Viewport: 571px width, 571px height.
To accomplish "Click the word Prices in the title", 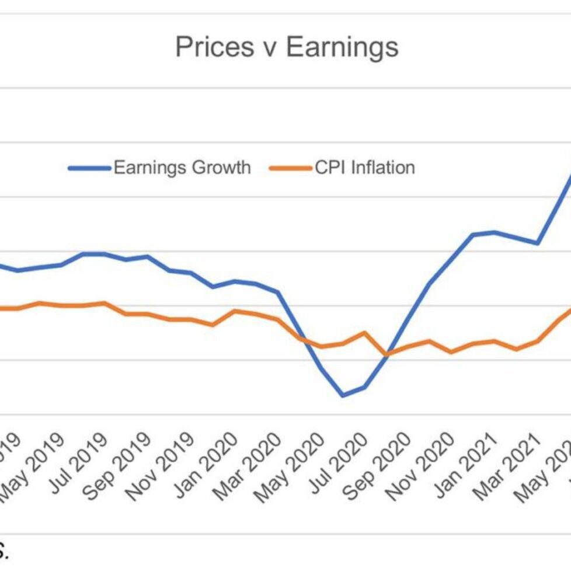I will [x=207, y=47].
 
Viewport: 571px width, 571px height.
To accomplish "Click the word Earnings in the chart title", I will [x=342, y=47].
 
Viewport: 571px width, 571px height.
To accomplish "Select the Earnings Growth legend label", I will [x=182, y=168].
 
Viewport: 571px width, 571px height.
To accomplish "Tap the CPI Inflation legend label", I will [x=365, y=168].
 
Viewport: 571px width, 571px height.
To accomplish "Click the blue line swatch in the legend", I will [x=89, y=168].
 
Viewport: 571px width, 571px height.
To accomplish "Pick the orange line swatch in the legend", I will [x=291, y=168].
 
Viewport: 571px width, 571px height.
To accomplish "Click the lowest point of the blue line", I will [x=343, y=396].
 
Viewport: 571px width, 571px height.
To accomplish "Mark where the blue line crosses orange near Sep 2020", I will [x=386, y=353].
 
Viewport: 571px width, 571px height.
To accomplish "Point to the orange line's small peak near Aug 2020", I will [x=365, y=333].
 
